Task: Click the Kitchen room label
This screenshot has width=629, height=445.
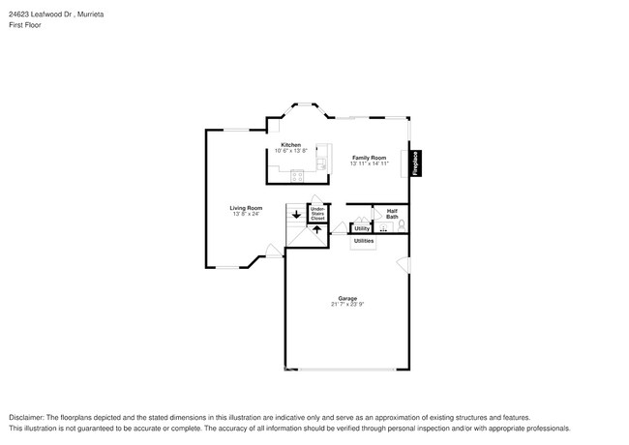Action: pyautogui.click(x=290, y=144)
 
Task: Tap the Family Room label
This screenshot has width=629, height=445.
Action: pyautogui.click(x=369, y=158)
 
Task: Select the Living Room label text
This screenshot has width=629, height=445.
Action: pyautogui.click(x=246, y=208)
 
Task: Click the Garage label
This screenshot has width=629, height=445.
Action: pyautogui.click(x=347, y=298)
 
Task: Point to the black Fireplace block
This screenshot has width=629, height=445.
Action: pyautogui.click(x=416, y=162)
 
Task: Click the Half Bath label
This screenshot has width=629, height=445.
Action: pyautogui.click(x=392, y=214)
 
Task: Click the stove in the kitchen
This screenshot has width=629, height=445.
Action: pyautogui.click(x=296, y=175)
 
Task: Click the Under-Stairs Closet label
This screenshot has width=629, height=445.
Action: pyautogui.click(x=317, y=214)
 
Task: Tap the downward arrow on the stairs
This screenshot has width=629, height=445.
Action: pyautogui.click(x=296, y=215)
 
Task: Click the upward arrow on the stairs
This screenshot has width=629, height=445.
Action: pyautogui.click(x=316, y=230)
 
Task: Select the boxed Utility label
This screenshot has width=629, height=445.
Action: pyautogui.click(x=361, y=228)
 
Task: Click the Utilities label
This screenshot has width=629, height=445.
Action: pyautogui.click(x=364, y=241)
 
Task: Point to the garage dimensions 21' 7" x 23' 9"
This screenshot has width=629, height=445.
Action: pyautogui.click(x=347, y=305)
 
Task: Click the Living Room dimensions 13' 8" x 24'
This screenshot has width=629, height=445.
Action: pyautogui.click(x=246, y=214)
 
